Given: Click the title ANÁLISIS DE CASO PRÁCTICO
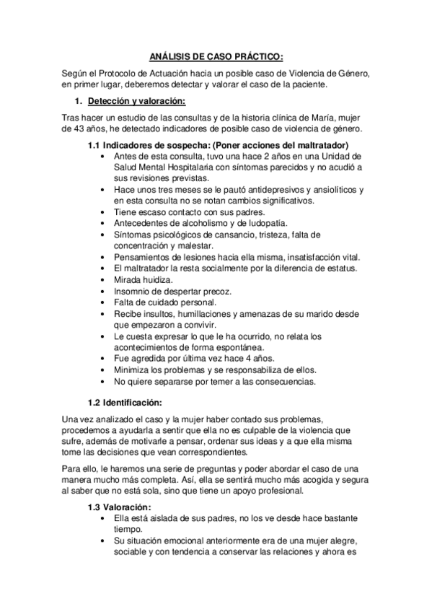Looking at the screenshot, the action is [x=216, y=56].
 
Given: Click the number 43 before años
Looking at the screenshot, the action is [x=85, y=129].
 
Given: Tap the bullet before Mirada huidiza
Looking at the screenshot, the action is [x=107, y=279].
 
